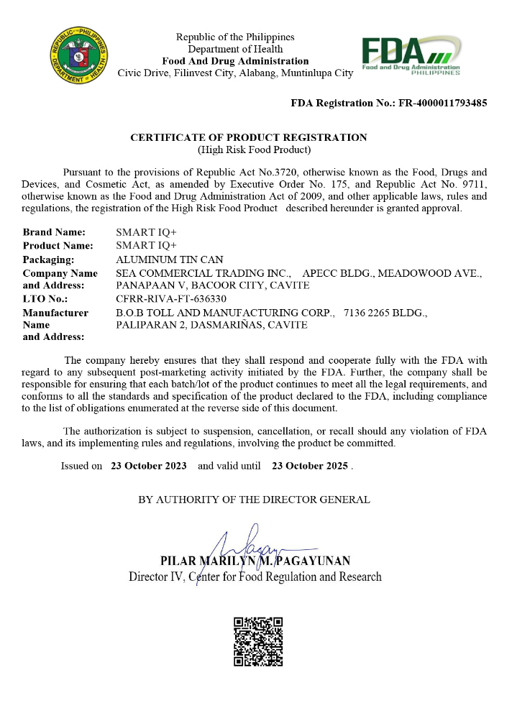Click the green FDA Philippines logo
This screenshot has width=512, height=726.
click(x=411, y=55)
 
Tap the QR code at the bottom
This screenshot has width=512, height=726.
click(x=258, y=641)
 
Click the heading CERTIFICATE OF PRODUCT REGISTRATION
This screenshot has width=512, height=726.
click(x=249, y=137)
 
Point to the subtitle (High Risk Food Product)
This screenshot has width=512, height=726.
click(x=254, y=150)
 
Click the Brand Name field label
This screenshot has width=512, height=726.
click(x=54, y=232)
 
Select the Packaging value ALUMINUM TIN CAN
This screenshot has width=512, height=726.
click(x=170, y=259)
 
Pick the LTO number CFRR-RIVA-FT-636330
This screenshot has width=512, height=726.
click(x=171, y=298)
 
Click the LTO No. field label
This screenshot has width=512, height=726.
click(x=45, y=298)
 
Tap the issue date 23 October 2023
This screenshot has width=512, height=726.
click(x=149, y=466)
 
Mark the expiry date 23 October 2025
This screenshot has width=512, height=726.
click(x=310, y=466)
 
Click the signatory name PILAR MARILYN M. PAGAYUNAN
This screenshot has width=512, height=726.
click(x=255, y=561)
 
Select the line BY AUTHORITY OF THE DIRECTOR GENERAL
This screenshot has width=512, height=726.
click(x=254, y=500)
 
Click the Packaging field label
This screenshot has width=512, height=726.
click(x=48, y=259)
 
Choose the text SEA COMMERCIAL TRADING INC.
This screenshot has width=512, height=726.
click(x=204, y=273)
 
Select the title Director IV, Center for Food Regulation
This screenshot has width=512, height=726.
click(x=255, y=576)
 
